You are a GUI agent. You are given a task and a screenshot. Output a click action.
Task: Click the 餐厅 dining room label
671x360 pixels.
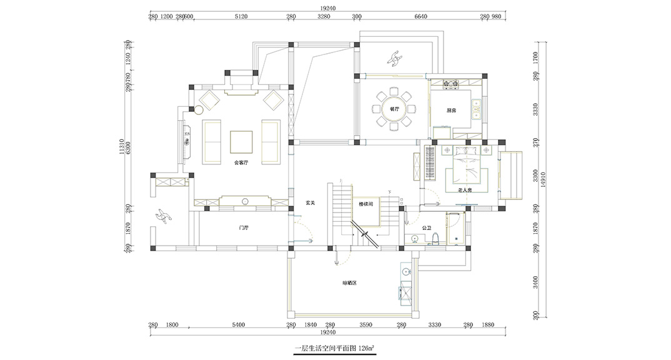pyautogui.click(x=394, y=109)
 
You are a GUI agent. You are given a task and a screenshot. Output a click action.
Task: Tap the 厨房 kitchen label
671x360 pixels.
pyautogui.click(x=451, y=110)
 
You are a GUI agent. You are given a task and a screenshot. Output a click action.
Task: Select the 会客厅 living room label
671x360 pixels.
pyautogui.click(x=241, y=162)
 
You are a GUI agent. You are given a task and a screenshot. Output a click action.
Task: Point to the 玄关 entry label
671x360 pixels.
pyautogui.click(x=310, y=202)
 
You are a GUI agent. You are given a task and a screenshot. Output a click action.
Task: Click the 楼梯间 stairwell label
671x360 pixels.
pyautogui.click(x=365, y=204)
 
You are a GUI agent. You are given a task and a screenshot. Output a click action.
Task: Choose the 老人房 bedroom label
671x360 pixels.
pyautogui.click(x=464, y=189)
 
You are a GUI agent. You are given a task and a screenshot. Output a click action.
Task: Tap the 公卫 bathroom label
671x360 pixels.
pyautogui.click(x=427, y=227)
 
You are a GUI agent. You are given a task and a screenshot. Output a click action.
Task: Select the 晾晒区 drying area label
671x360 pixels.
pyautogui.click(x=349, y=283)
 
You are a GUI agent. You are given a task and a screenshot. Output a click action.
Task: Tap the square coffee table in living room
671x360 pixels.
pyautogui.click(x=241, y=141)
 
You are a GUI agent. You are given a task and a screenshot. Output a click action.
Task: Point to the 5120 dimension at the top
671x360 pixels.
pyautogui.click(x=241, y=17)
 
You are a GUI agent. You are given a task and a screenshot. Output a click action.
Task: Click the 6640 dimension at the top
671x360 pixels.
pyautogui.click(x=420, y=17)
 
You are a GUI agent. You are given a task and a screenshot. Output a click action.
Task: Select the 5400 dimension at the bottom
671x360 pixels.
pyautogui.click(x=238, y=325)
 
